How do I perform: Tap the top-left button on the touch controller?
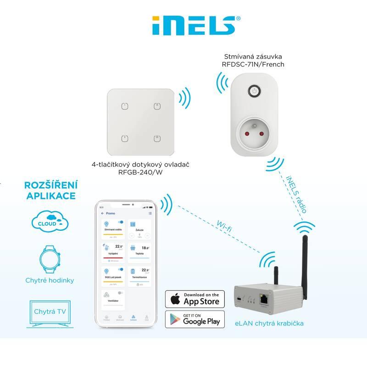tap(124, 106)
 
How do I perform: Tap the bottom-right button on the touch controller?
tap(156, 138)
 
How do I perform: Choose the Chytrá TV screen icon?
tap(50, 313)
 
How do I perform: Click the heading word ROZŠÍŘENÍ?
tap(50, 185)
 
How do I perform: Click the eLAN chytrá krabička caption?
tap(275, 323)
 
